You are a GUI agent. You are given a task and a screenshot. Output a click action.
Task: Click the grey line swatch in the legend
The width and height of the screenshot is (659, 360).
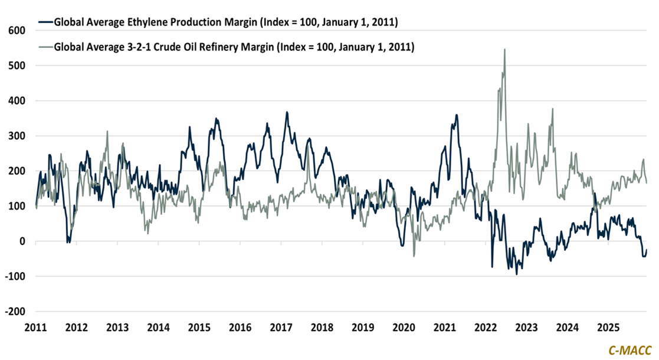click(45, 47)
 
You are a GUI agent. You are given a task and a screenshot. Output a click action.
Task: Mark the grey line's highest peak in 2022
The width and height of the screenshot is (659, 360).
click(504, 50)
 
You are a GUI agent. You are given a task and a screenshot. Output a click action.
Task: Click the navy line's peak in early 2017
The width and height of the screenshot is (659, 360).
click(287, 112)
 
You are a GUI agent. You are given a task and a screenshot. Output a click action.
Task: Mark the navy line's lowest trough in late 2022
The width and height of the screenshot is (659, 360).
click(517, 274)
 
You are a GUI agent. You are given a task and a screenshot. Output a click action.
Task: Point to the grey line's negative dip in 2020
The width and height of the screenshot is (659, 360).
click(414, 256)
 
